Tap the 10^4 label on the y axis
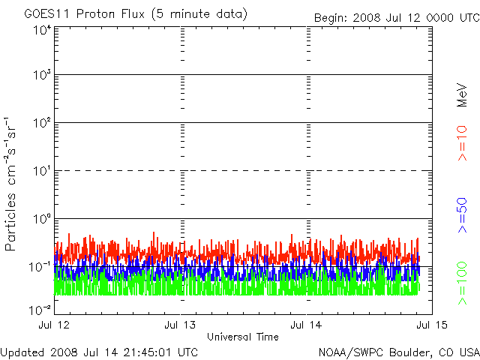(41, 31)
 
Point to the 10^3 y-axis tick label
(41, 76)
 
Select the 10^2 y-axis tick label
(41, 123)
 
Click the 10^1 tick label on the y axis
(41, 171)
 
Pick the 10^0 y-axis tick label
(41, 219)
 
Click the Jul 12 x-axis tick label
(55, 325)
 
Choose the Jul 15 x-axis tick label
(430, 325)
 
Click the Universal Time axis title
(243, 337)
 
